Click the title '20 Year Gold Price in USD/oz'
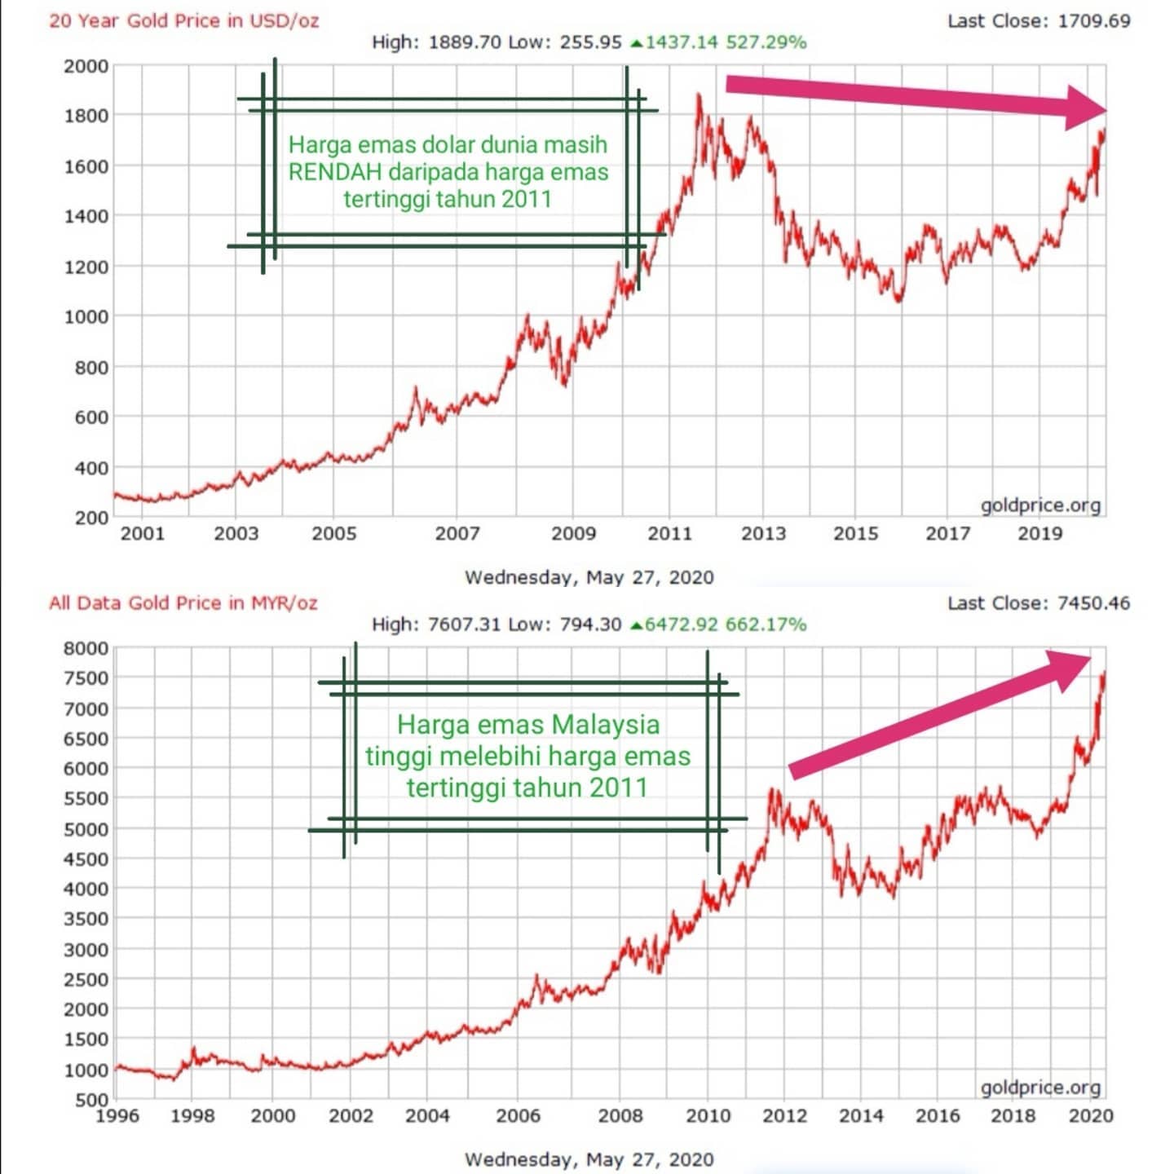click(184, 21)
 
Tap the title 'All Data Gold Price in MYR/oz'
click(183, 603)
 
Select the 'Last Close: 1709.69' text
click(1039, 20)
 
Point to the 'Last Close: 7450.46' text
click(1039, 603)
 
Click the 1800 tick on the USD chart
click(86, 115)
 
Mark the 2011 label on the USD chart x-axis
click(669, 534)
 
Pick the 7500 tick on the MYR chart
click(86, 677)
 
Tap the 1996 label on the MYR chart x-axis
click(117, 1115)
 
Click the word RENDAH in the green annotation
click(335, 172)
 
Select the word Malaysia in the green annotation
click(606, 726)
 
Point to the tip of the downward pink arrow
click(1106, 111)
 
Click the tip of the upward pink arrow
click(1091, 657)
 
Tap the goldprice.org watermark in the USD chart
click(1040, 505)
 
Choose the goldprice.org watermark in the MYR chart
click(1040, 1088)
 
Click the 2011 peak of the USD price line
click(699, 95)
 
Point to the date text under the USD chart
click(589, 577)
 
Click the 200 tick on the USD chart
click(91, 518)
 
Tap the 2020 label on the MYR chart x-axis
click(1091, 1115)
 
